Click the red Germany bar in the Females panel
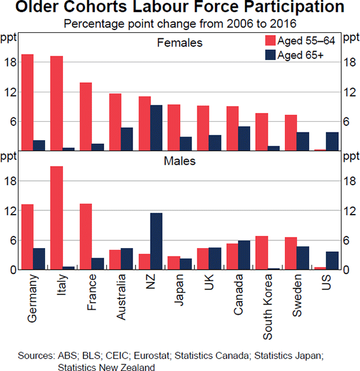tap(28, 102)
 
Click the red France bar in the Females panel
tap(86, 116)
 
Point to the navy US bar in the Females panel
tap(332, 141)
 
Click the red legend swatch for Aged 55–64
tap(271, 41)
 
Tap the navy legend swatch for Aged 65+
tap(271, 55)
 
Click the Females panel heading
tap(179, 43)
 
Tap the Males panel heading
tap(179, 161)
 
